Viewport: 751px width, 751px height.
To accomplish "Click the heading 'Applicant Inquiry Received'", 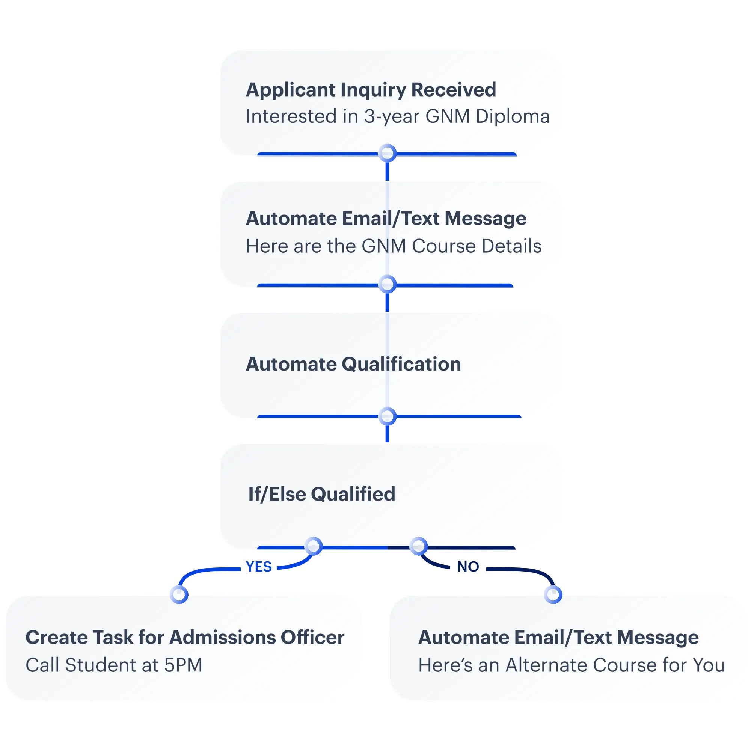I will [371, 90].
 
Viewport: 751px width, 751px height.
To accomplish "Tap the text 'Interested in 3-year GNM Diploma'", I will [398, 117].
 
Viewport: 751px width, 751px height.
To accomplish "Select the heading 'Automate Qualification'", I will [353, 364].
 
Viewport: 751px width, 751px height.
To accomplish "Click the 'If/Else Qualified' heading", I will [321, 494].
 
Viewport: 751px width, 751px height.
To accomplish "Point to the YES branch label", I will [258, 567].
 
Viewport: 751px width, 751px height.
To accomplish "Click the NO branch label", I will [468, 567].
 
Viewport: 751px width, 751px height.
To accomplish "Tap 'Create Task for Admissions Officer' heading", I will [185, 638].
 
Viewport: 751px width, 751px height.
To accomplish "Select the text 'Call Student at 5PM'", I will [114, 665].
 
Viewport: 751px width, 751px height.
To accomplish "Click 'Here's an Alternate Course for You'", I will [572, 665].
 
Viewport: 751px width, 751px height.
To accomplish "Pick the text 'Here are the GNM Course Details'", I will [394, 246].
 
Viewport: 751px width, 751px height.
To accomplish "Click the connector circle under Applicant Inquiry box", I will [387, 154].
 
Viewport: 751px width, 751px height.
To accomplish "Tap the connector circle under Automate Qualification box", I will [387, 416].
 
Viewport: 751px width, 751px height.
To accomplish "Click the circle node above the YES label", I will [313, 546].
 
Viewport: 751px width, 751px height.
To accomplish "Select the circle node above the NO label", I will [418, 546].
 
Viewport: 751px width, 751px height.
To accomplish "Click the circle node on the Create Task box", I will [179, 594].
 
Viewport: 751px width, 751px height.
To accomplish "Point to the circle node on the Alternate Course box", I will [553, 594].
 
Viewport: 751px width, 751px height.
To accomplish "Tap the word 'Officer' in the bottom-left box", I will [312, 638].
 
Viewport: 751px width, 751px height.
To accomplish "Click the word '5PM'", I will [183, 665].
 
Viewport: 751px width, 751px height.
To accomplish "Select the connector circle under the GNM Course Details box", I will [387, 285].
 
